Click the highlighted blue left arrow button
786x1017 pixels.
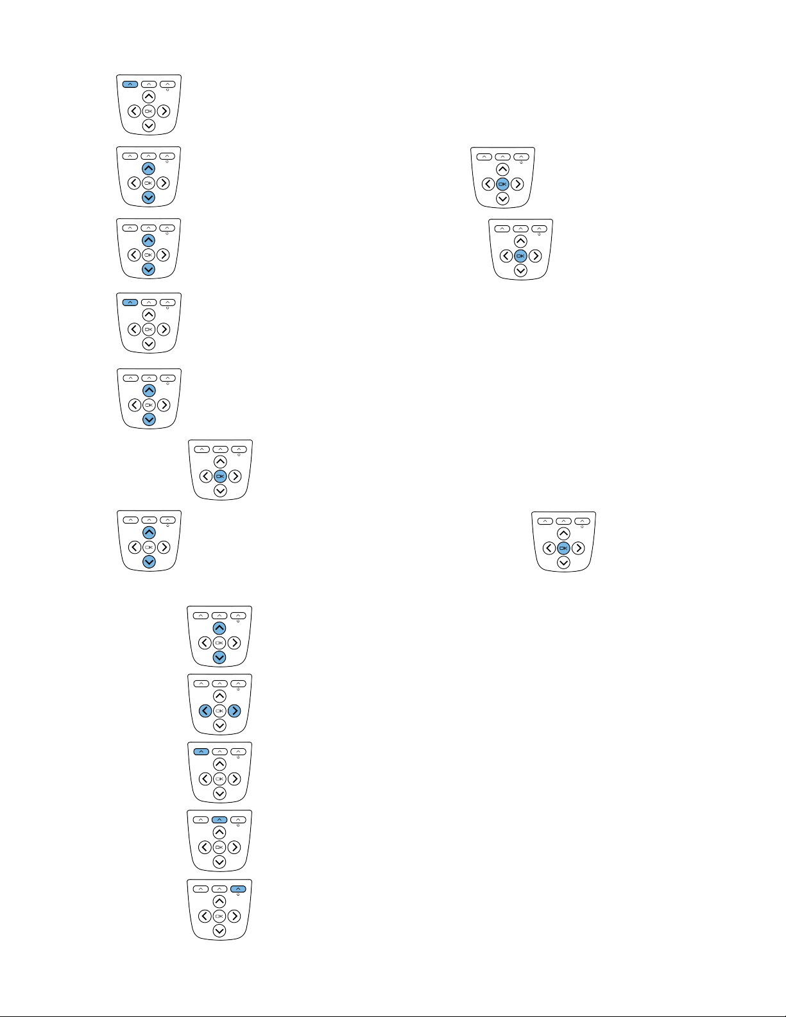205,710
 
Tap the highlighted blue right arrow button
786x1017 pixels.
234,710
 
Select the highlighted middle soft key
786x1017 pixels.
219,820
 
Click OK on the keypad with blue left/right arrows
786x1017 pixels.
219,710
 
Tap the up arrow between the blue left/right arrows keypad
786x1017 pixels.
219,696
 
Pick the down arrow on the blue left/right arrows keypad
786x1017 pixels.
219,726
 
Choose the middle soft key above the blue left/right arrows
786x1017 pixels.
219,683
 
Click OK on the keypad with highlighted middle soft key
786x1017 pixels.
219,847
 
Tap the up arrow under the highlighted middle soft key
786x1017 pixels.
219,832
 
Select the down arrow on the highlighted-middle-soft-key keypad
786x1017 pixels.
219,862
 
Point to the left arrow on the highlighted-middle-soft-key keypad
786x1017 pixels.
205,847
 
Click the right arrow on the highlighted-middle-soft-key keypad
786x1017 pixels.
234,847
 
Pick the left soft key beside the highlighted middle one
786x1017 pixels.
201,820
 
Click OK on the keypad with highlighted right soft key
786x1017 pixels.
219,916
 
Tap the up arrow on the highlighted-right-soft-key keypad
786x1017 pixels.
219,902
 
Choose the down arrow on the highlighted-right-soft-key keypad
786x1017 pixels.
219,931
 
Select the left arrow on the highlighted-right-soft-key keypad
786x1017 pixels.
205,916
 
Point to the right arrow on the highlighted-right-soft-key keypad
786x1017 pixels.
234,916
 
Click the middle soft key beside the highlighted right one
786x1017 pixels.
219,889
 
